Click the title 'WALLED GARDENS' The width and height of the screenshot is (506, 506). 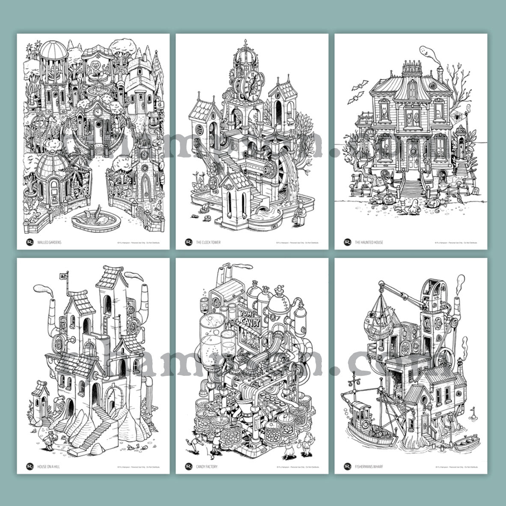click(x=49, y=242)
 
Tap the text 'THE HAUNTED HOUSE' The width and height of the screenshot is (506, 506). click(x=369, y=242)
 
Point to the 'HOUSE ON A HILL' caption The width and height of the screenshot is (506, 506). click(x=48, y=466)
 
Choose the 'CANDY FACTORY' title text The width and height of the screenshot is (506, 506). click(x=207, y=466)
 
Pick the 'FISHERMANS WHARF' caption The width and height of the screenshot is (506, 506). click(x=369, y=466)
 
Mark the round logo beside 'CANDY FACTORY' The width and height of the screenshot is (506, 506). click(x=189, y=466)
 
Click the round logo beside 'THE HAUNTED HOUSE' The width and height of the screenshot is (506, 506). click(x=348, y=242)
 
